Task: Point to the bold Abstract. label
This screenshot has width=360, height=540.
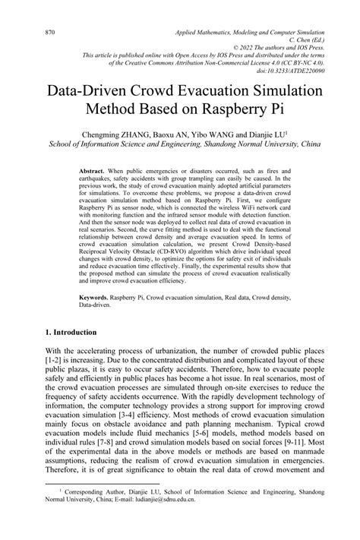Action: [x=93, y=172]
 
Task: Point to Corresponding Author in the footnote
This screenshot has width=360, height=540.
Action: [x=87, y=514]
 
